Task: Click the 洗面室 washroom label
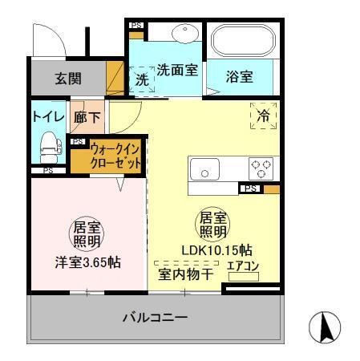click(x=176, y=70)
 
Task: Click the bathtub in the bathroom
click(x=243, y=41)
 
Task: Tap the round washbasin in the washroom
click(x=186, y=34)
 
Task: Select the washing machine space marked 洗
click(x=141, y=80)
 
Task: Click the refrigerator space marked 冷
click(x=264, y=116)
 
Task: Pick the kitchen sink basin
click(x=207, y=170)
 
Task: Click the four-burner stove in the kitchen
click(x=261, y=169)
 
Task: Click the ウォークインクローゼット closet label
click(x=116, y=155)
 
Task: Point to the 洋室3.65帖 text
click(x=88, y=262)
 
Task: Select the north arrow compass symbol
click(x=325, y=327)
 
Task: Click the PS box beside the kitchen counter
click(x=251, y=189)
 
